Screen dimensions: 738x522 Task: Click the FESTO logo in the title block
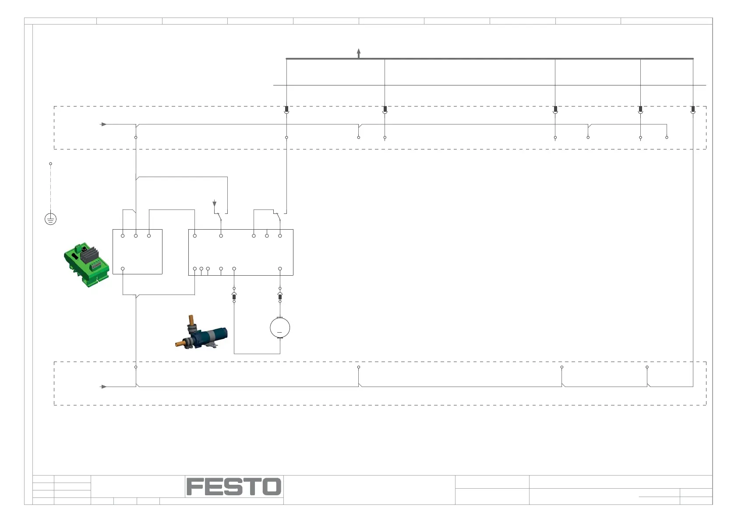pos(234,486)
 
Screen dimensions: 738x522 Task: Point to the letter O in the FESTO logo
pos(272,486)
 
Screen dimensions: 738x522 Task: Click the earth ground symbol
pos(50,219)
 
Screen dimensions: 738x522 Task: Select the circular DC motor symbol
pos(280,327)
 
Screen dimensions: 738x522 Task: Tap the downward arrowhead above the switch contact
pos(214,204)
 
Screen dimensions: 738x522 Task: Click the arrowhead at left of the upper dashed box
pos(104,124)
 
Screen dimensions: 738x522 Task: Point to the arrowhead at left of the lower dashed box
pos(104,387)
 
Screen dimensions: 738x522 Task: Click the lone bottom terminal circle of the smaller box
pos(123,269)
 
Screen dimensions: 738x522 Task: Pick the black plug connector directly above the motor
pos(280,297)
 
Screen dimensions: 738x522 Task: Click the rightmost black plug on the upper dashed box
pos(692,109)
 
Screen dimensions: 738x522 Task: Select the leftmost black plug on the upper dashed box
pos(286,109)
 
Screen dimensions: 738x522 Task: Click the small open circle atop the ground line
pos(50,164)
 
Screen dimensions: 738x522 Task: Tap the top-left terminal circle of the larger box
pos(194,236)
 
